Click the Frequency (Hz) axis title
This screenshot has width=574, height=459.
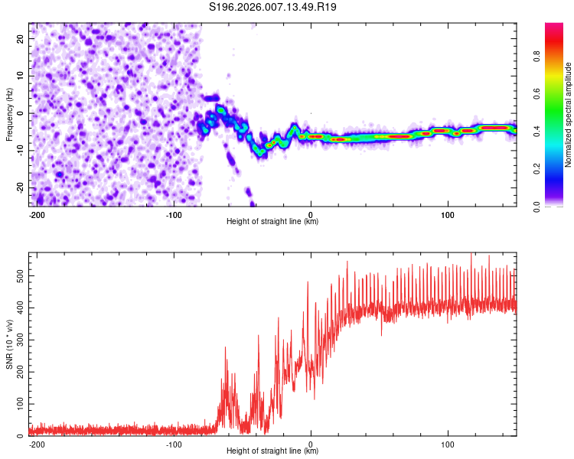(10, 115)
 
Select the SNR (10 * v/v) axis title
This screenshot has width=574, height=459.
(10, 344)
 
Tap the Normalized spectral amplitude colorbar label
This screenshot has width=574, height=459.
(569, 115)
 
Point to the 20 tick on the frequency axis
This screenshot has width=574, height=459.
(21, 38)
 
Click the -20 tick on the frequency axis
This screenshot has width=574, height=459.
(19, 188)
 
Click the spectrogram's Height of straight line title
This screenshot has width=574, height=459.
(272, 222)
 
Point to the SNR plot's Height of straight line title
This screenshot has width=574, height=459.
(272, 451)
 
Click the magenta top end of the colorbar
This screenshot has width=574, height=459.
(554, 27)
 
